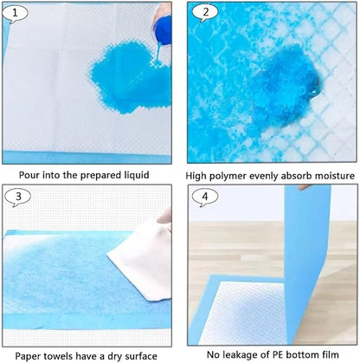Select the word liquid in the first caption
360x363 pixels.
click(x=134, y=175)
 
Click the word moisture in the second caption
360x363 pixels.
click(x=331, y=175)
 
